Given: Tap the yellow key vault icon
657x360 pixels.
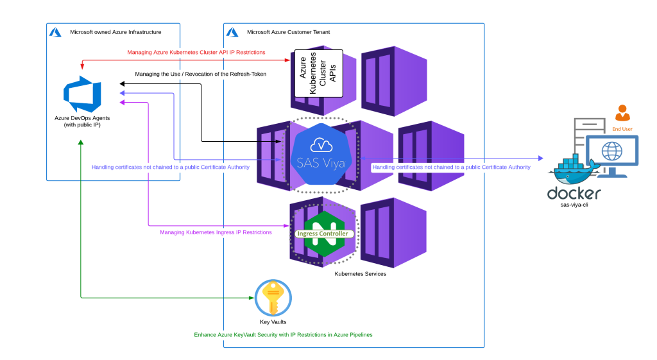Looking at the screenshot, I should tap(273, 298).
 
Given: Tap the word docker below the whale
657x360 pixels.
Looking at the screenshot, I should tap(574, 193).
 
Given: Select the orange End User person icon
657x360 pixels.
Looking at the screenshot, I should tap(622, 114).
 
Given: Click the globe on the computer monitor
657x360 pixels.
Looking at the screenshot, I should tap(612, 151).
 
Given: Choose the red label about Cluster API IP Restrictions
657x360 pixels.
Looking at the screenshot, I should tap(196, 52).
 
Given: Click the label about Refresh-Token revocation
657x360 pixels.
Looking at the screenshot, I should tap(201, 74).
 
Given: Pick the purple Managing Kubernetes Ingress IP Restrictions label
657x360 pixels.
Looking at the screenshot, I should tap(216, 232).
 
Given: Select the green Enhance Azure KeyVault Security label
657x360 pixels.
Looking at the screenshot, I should tap(283, 335).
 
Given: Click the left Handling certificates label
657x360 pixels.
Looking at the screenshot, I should tap(171, 167).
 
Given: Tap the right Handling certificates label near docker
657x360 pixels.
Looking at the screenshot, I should tap(452, 167).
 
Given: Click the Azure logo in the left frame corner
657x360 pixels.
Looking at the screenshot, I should tap(55, 32).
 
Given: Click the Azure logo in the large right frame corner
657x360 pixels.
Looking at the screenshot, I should tap(232, 32).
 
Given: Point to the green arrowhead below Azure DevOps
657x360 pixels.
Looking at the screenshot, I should tap(80, 142).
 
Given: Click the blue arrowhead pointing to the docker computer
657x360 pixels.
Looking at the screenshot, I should tap(541, 158).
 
